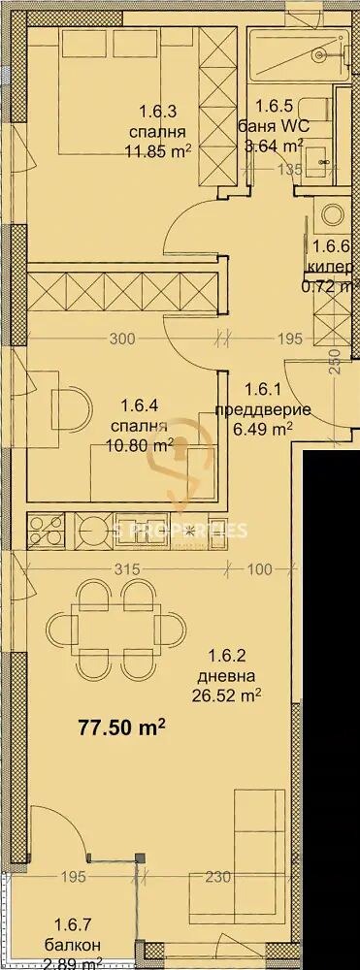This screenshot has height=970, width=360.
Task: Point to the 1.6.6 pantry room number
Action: [329, 248]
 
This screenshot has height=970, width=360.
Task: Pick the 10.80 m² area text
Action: [140, 446]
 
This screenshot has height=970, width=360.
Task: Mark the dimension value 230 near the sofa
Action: [217, 878]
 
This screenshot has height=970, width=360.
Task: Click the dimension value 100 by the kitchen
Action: [258, 570]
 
